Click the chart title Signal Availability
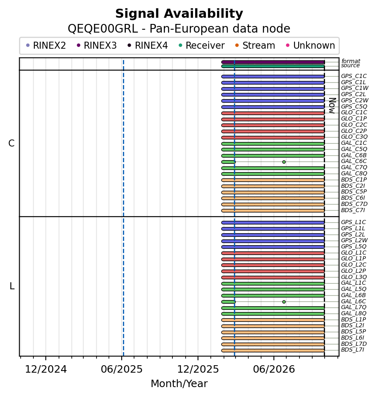[179, 14]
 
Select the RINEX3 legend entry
[97, 45]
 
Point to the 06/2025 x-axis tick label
[122, 369]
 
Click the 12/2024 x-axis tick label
[46, 369]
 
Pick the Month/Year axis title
[179, 384]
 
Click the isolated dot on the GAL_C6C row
[284, 162]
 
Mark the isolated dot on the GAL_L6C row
[284, 302]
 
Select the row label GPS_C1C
[354, 76]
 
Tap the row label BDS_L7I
[352, 350]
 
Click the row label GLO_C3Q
[354, 137]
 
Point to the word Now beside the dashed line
[332, 106]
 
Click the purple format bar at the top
[273, 62]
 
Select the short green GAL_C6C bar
[229, 162]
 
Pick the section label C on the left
[12, 143]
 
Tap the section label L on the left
[12, 286]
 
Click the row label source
[350, 66]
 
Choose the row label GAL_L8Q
[354, 313]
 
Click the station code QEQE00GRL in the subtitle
[103, 28]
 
